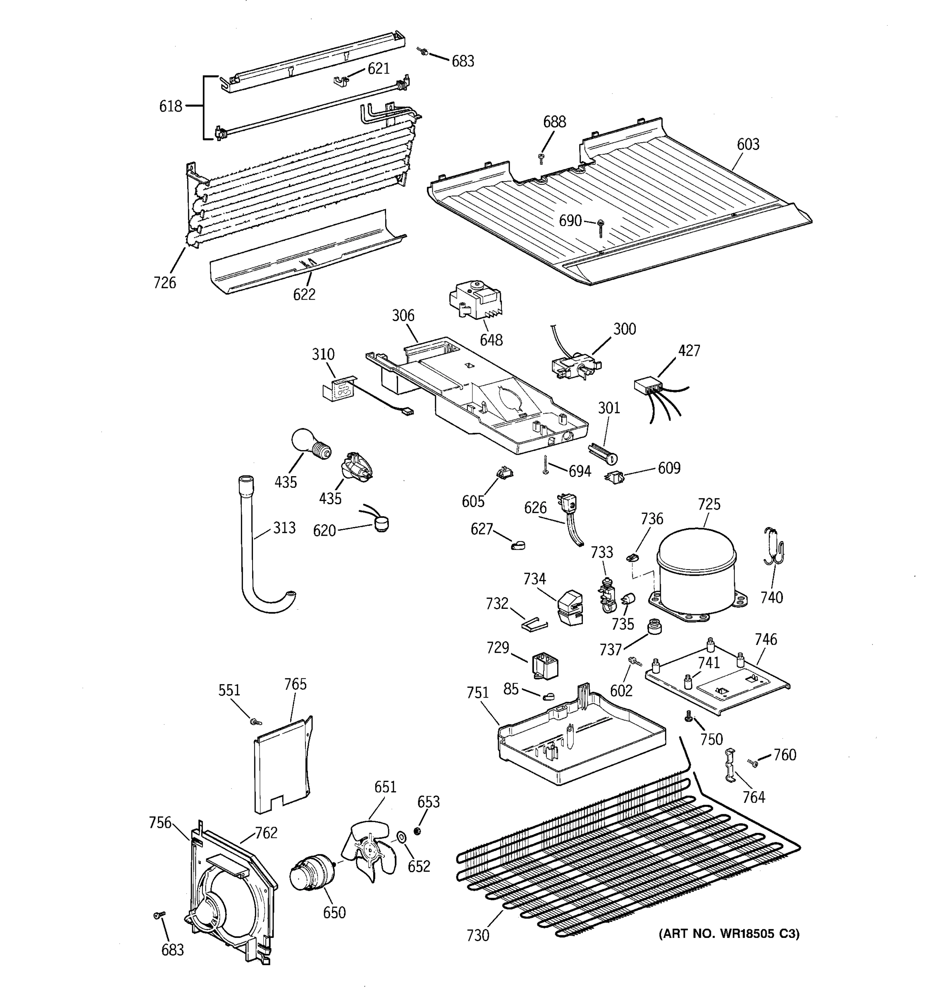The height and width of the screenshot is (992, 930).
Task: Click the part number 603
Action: [x=748, y=144]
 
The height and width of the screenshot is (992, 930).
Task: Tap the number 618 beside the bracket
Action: [x=170, y=106]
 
